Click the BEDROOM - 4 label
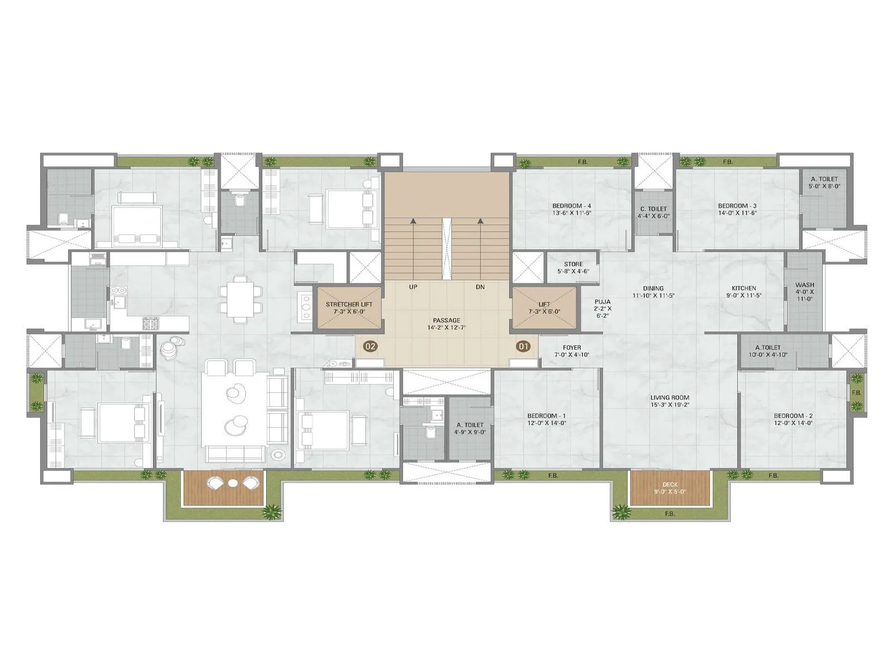click(571, 205)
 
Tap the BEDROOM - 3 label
click(737, 205)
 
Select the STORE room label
click(573, 264)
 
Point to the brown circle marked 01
click(523, 346)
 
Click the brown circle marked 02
click(370, 346)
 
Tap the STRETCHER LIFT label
click(349, 304)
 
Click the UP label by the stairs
click(413, 287)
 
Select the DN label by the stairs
click(480, 287)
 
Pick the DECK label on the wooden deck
click(670, 485)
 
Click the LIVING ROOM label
click(670, 397)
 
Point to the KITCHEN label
click(743, 288)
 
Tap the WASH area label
click(804, 285)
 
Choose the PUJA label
click(602, 302)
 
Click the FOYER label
click(572, 347)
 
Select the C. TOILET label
click(653, 209)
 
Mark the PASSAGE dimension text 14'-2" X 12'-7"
click(446, 328)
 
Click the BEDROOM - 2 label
click(793, 416)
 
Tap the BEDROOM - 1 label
click(546, 416)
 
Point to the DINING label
click(653, 288)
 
